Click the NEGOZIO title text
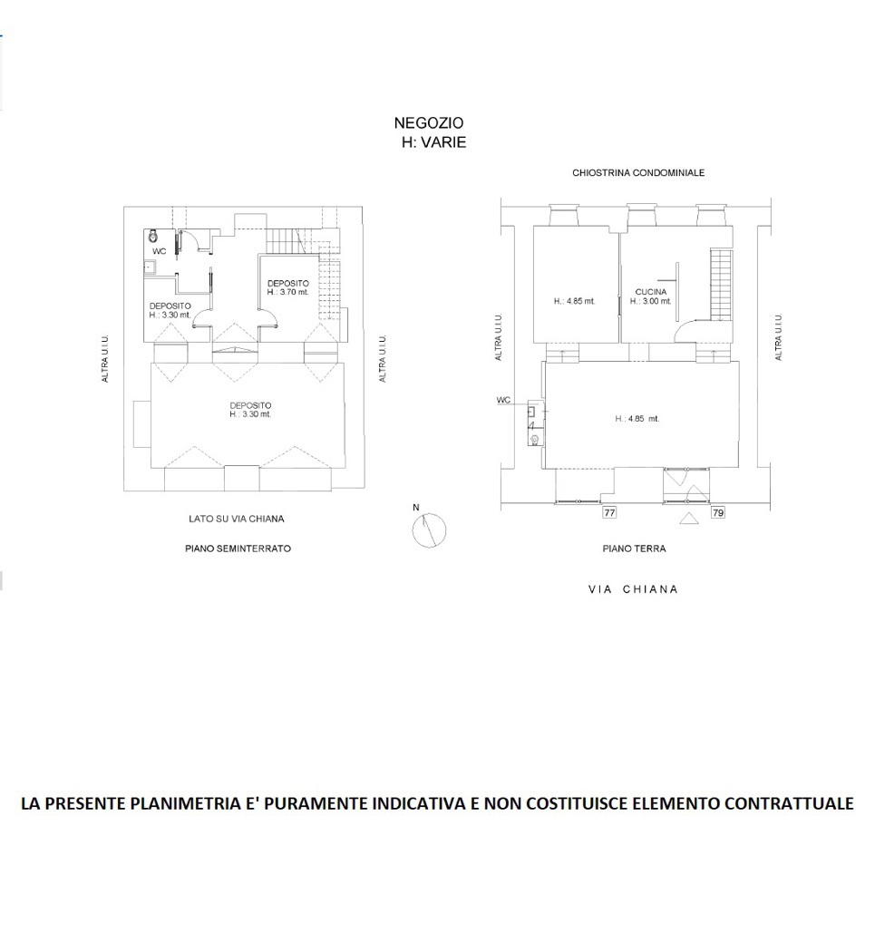(428, 122)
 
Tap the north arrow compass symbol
(429, 529)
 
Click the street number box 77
(609, 512)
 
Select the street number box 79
(718, 512)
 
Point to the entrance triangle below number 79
(687, 519)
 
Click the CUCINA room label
(650, 291)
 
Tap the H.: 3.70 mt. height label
(287, 292)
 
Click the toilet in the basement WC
(152, 236)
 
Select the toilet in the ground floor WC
(534, 440)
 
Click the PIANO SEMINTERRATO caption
(238, 549)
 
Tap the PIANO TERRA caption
(634, 549)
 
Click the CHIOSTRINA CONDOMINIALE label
(638, 172)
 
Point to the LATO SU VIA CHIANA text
(237, 519)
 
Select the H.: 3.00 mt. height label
(650, 300)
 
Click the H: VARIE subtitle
(433, 142)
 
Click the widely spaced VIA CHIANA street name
(633, 589)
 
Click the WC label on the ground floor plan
(503, 400)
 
